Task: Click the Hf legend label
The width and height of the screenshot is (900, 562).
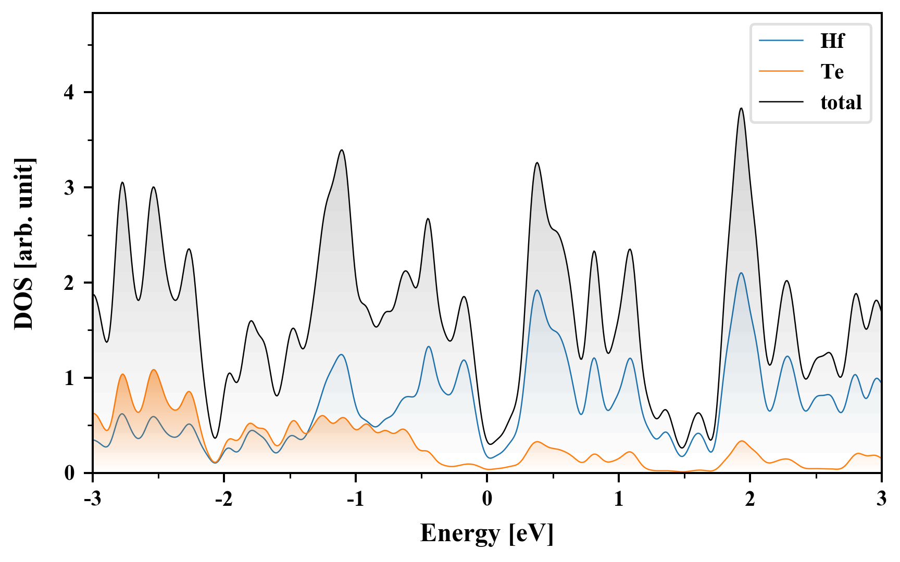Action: [x=832, y=41]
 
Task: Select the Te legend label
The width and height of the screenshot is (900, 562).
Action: [x=832, y=71]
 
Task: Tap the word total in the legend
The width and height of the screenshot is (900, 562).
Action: [x=841, y=102]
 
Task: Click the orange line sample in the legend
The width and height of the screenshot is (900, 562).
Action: [x=781, y=71]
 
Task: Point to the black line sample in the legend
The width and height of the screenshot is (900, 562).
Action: [x=781, y=102]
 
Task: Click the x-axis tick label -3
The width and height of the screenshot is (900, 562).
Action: [x=92, y=499]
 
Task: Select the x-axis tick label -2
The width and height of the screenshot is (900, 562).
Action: [x=223, y=499]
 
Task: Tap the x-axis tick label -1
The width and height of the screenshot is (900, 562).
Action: [x=355, y=499]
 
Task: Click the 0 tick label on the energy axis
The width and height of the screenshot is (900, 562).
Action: [x=487, y=499]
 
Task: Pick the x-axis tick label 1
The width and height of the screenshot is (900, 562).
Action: [x=619, y=499]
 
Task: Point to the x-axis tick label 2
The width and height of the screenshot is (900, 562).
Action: [x=750, y=499]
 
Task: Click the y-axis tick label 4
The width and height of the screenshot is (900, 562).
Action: [x=70, y=93]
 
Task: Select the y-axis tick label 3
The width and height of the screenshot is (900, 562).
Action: [x=70, y=188]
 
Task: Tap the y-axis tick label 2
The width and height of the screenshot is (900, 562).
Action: [x=70, y=283]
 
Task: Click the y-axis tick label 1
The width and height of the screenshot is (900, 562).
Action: [x=70, y=378]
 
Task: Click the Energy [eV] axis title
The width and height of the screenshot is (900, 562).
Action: [x=487, y=533]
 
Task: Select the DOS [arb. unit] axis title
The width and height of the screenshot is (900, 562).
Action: [x=24, y=244]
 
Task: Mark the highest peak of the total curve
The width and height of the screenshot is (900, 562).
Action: [x=741, y=108]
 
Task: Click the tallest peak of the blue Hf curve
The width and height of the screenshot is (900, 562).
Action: [x=741, y=273]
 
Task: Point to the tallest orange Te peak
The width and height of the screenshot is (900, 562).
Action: [x=154, y=370]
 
